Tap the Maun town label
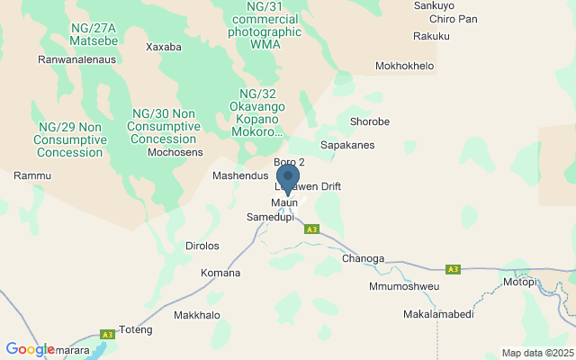[284, 202]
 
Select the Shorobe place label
[369, 122]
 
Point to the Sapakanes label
[347, 145]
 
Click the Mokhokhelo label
[404, 67]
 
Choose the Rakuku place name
[430, 37]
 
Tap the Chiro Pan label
[454, 19]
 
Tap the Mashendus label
[240, 176]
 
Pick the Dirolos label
[202, 246]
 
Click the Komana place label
[220, 273]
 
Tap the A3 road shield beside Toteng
[107, 335]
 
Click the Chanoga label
[363, 258]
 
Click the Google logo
[30, 349]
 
